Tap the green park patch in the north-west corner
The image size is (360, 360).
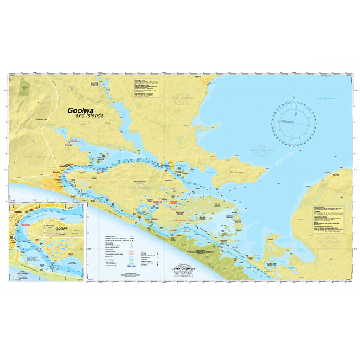pyautogui.click(x=24, y=86)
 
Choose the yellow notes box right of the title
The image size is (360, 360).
pyautogui.click(x=147, y=88)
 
